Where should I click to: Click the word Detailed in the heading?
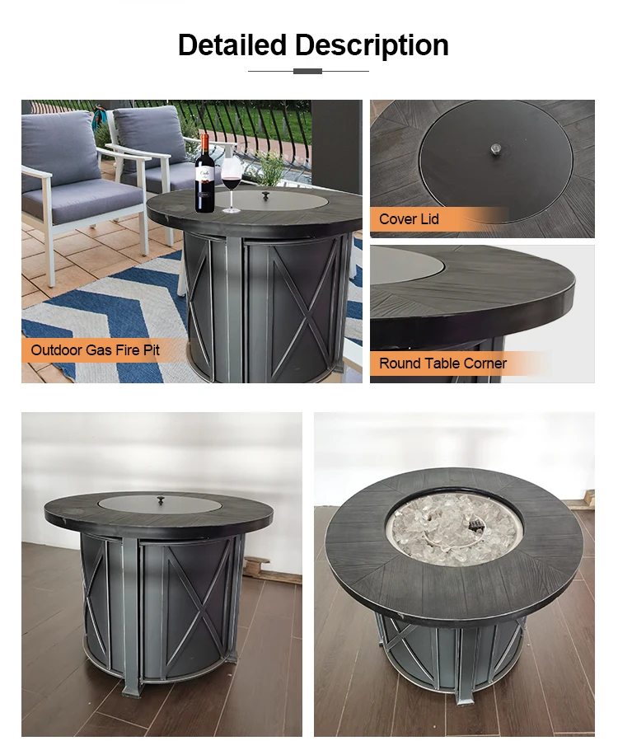point(232,45)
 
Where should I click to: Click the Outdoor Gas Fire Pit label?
point(95,350)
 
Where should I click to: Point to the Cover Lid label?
point(409,219)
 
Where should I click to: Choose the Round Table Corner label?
point(442,363)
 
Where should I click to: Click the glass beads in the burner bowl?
point(454,527)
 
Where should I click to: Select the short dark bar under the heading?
point(307,71)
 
